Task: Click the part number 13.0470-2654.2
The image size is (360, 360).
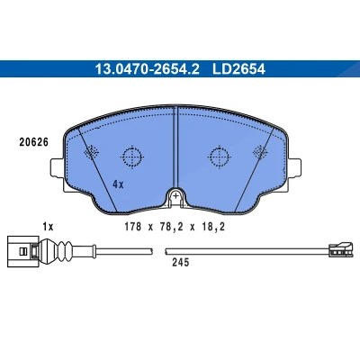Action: point(147,69)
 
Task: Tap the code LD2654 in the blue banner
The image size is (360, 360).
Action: point(238,69)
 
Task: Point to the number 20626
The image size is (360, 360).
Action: point(34,142)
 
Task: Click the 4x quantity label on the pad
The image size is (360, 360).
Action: point(118,184)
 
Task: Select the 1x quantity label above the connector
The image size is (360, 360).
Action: point(48,227)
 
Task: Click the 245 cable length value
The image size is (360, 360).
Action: point(181,263)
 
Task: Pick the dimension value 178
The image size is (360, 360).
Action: point(133,227)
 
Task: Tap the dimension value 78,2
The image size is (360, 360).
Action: point(171,227)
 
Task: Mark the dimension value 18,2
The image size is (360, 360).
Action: point(212,227)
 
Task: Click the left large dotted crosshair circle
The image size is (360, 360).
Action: point(131,157)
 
